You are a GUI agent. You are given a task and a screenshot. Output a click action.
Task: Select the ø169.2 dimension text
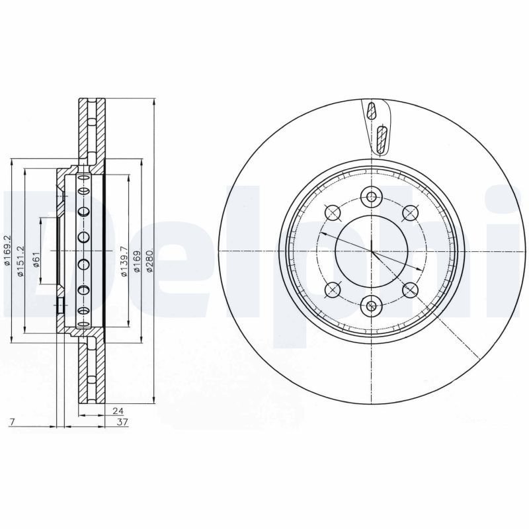[x=7, y=251]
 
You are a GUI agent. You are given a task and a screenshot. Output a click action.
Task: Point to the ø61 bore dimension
[x=37, y=259]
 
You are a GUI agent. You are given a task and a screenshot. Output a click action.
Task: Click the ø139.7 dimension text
[x=124, y=262]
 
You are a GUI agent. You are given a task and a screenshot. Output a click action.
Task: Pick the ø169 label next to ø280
[x=137, y=262]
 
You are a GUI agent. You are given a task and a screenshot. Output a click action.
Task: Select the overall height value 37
[x=122, y=421]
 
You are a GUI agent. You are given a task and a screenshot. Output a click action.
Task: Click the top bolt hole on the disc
[x=371, y=196]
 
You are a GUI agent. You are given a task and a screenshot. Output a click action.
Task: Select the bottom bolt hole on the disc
[x=371, y=305]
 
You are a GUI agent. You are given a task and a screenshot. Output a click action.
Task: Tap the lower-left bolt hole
[x=333, y=289]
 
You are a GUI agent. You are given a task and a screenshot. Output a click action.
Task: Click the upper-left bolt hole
[x=333, y=212]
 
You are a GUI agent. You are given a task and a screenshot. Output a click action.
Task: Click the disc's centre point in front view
[x=371, y=251]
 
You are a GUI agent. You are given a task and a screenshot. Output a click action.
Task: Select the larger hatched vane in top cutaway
[x=381, y=139]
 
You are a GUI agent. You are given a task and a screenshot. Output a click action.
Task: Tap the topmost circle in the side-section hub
[x=83, y=179]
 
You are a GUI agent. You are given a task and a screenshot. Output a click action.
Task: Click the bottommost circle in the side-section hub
[x=83, y=311]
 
